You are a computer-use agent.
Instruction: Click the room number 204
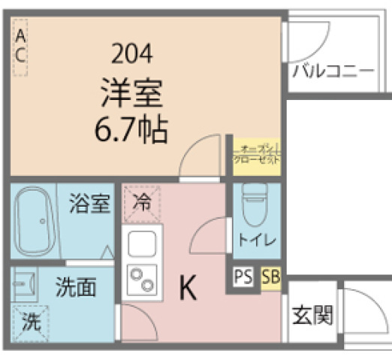(131, 53)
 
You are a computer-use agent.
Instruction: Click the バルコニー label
(333, 72)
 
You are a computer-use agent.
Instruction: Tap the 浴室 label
(89, 204)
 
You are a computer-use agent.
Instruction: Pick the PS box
(243, 277)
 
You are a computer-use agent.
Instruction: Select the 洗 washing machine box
(30, 323)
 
